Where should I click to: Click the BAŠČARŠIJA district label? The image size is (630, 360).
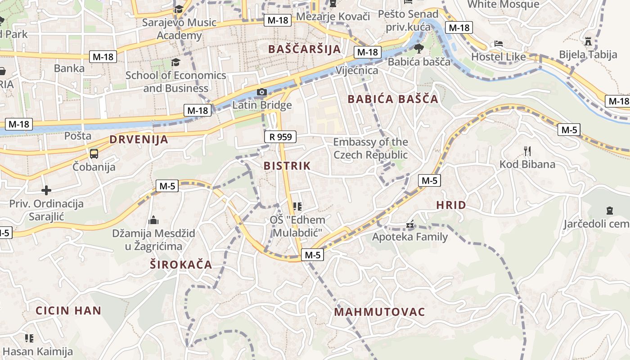coord(304,49)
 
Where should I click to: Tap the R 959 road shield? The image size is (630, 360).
coord(280,137)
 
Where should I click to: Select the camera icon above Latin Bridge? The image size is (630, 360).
coord(261,92)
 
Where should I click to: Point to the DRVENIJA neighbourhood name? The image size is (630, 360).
coord(139,139)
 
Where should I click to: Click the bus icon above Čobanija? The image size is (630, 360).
coord(94,154)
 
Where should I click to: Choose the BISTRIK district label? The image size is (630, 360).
coord(287,166)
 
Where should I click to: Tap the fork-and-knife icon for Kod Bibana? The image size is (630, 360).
coord(527,151)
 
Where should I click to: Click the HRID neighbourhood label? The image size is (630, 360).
coord(451,205)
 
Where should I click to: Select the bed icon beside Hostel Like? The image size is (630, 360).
coord(498,44)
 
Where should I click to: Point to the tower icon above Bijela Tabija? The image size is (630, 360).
coord(588,41)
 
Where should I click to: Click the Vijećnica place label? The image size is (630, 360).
coord(357,71)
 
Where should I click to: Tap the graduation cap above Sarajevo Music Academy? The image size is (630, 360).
coord(179,9)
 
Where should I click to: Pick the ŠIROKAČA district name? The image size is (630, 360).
coord(181,265)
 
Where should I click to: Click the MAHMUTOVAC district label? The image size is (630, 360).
coord(379,312)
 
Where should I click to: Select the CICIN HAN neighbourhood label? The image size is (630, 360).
coord(68,310)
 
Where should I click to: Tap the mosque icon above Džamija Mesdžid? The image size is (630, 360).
coord(153,220)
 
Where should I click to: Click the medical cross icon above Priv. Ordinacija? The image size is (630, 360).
coord(46,190)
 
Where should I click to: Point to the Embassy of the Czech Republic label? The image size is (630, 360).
coord(370,148)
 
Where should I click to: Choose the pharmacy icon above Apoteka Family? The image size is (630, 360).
coord(410,224)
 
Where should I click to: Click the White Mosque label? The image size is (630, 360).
coord(503,4)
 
